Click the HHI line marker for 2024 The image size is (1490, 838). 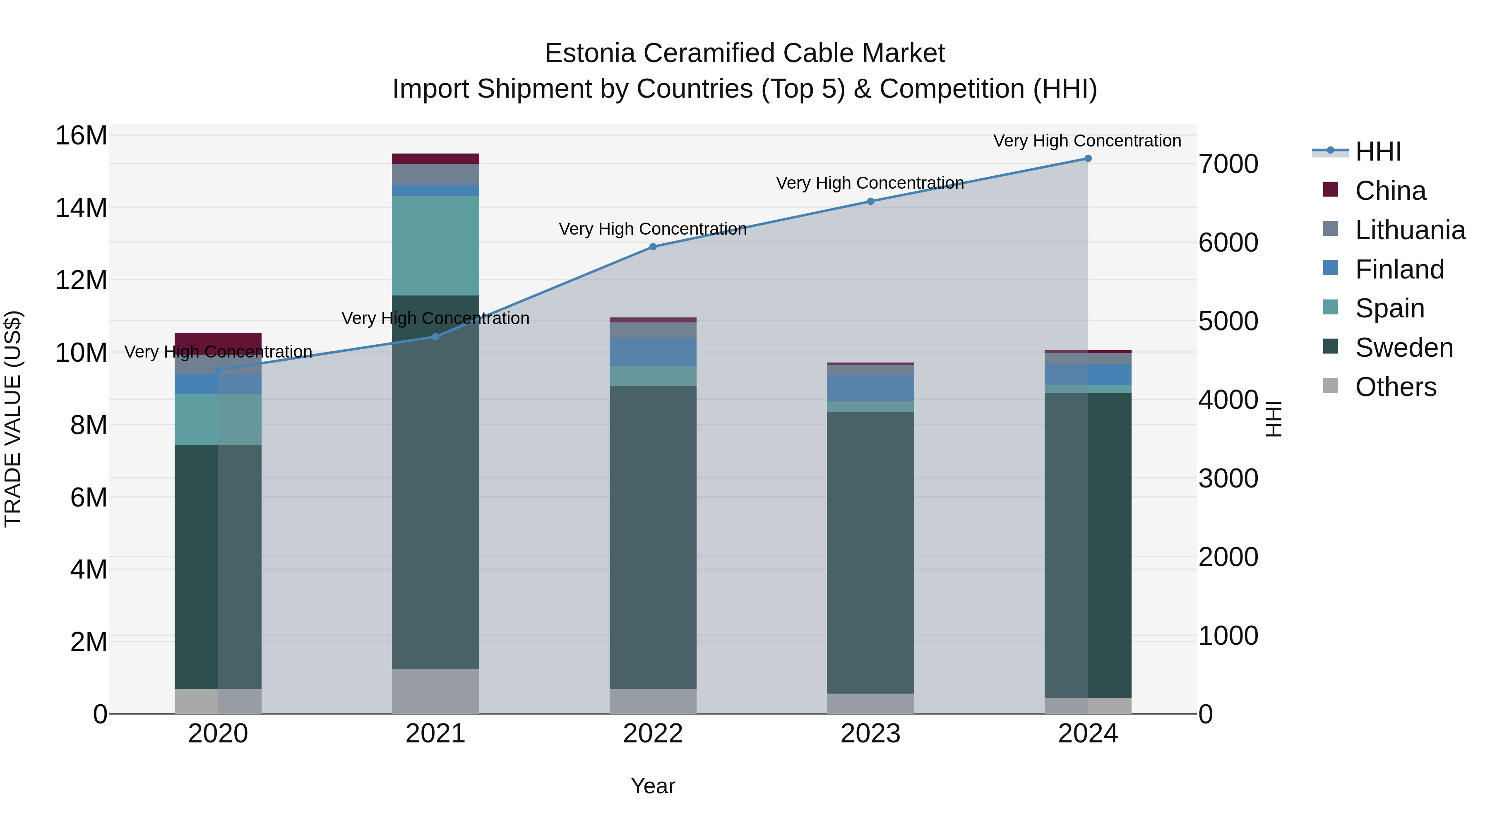[x=1087, y=158]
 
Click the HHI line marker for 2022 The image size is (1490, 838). [x=653, y=247]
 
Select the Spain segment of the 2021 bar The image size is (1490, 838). [x=435, y=246]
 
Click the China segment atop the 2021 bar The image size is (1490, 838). [x=435, y=159]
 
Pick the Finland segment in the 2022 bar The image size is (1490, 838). [x=653, y=352]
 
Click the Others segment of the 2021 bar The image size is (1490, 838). [x=435, y=691]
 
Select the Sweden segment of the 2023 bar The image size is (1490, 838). [x=870, y=552]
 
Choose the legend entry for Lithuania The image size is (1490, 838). [x=1410, y=230]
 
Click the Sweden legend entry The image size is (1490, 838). [x=1404, y=348]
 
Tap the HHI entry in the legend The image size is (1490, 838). [x=1378, y=151]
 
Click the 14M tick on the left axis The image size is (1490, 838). [x=81, y=208]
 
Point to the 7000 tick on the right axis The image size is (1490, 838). [x=1228, y=164]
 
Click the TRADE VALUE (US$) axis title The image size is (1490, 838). [x=13, y=419]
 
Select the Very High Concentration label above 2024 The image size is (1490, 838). [x=1087, y=141]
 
